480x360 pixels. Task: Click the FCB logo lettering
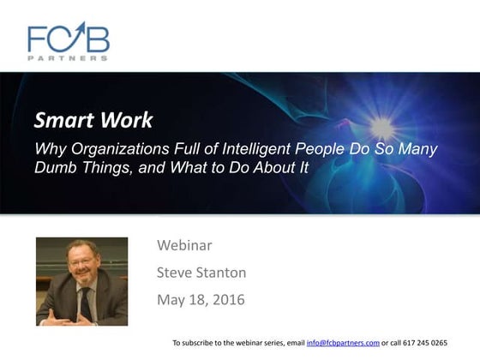tap(69, 38)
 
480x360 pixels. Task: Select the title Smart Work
tap(94, 120)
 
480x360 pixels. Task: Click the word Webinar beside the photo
tap(184, 246)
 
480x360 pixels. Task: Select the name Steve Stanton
tap(202, 273)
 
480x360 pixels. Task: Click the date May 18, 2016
tap(201, 300)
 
